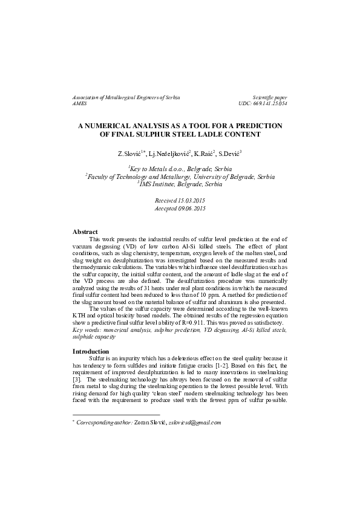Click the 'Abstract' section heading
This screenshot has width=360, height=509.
[x=85, y=232]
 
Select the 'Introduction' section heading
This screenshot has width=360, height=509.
[x=91, y=351]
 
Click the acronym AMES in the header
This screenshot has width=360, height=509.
[x=80, y=104]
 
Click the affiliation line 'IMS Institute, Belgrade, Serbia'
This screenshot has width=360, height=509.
[x=181, y=184]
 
